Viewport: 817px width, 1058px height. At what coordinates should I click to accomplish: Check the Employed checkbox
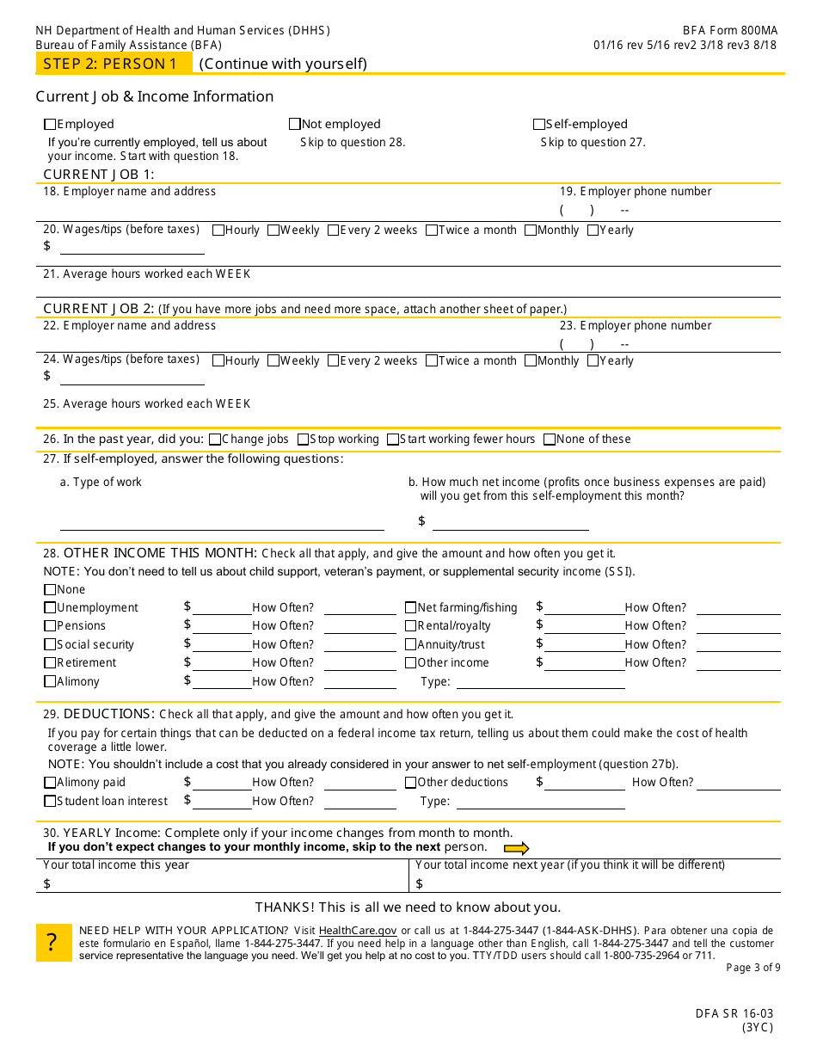pyautogui.click(x=50, y=124)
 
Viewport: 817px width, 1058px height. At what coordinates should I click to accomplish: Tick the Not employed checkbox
pyautogui.click(x=295, y=124)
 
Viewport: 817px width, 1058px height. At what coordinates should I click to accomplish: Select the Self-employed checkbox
pyautogui.click(x=539, y=124)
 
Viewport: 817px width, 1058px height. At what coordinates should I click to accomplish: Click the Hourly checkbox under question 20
pyautogui.click(x=218, y=230)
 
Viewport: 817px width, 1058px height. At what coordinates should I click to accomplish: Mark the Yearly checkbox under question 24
pyautogui.click(x=593, y=360)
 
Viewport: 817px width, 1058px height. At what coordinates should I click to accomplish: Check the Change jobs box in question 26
pyautogui.click(x=215, y=439)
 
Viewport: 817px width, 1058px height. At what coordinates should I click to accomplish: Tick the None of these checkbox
pyautogui.click(x=550, y=439)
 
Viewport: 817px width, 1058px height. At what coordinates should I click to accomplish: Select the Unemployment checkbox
pyautogui.click(x=50, y=607)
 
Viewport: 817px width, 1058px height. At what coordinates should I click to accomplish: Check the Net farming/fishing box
pyautogui.click(x=410, y=607)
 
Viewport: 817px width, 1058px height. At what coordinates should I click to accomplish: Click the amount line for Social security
pyautogui.click(x=222, y=647)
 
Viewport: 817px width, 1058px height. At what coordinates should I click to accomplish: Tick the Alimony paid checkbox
pyautogui.click(x=50, y=783)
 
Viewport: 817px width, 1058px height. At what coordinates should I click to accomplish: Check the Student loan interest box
pyautogui.click(x=50, y=801)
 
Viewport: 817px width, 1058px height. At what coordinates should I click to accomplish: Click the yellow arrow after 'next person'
pyautogui.click(x=516, y=848)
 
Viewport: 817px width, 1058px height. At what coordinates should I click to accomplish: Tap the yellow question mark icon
pyautogui.click(x=53, y=943)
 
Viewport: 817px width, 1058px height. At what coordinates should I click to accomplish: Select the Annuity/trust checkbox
pyautogui.click(x=410, y=644)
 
